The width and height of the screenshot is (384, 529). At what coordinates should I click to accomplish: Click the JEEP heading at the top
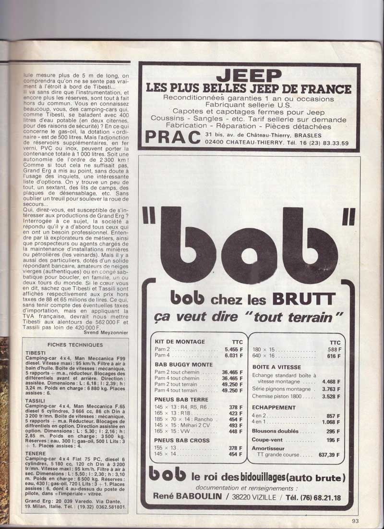click(248, 76)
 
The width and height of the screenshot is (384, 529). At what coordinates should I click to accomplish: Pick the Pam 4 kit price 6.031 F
click(234, 355)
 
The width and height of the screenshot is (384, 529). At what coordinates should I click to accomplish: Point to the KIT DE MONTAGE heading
click(180, 342)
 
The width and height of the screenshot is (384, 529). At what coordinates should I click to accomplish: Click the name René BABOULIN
click(189, 496)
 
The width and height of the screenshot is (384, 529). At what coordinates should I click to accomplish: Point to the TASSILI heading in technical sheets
click(36, 401)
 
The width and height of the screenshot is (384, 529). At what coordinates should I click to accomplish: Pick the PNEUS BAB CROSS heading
click(182, 440)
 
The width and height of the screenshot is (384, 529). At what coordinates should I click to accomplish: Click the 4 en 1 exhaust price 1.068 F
click(329, 421)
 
